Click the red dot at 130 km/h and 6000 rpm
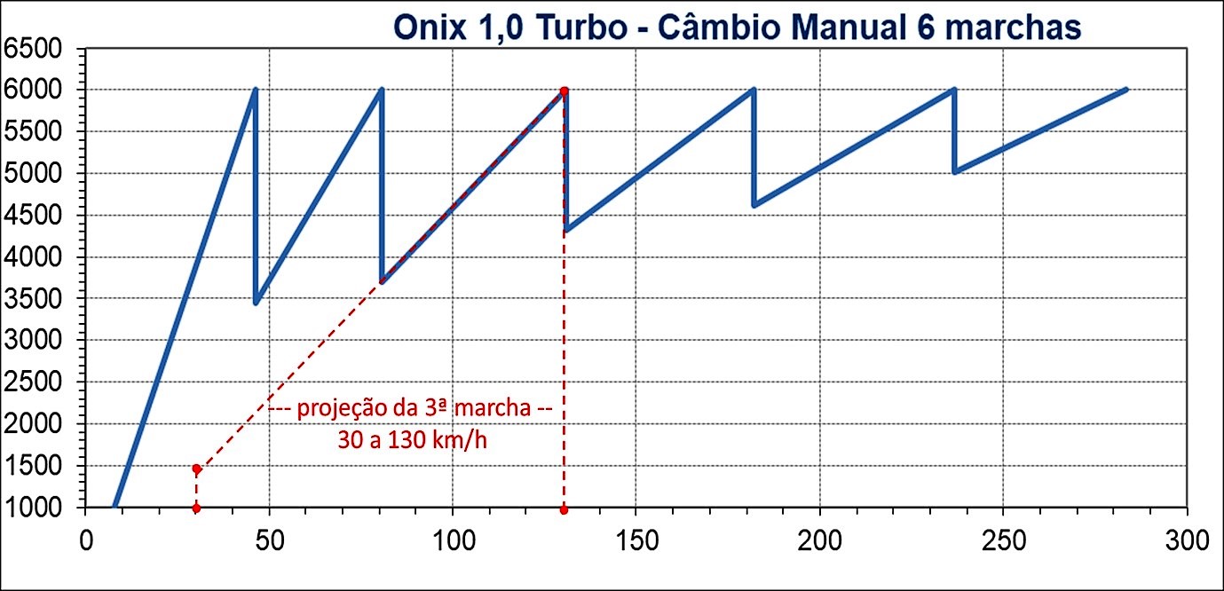coord(564,91)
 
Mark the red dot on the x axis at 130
coord(564,509)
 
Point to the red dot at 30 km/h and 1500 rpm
coord(196,469)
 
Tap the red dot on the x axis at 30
coord(196,508)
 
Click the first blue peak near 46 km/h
coord(255,90)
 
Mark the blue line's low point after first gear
coord(256,303)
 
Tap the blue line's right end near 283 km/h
coord(1125,89)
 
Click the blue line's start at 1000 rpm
coord(115,507)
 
